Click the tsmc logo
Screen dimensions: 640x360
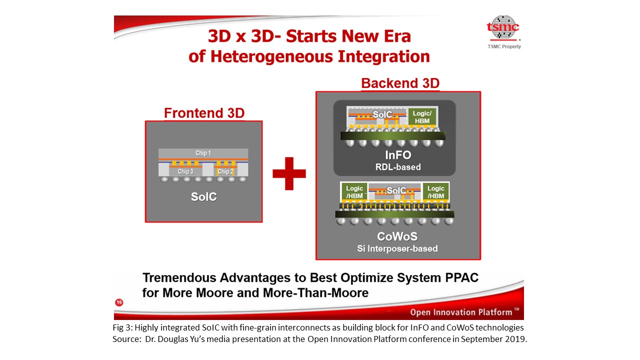tap(503, 27)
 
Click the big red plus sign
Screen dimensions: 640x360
tap(289, 173)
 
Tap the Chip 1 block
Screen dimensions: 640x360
tap(203, 153)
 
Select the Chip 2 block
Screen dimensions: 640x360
tap(225, 171)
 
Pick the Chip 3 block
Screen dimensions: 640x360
tap(185, 171)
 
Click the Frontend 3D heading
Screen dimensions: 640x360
tap(204, 113)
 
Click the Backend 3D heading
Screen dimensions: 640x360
tap(400, 83)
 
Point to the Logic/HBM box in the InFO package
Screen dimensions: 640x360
tap(422, 117)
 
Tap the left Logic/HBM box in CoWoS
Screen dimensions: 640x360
tap(354, 192)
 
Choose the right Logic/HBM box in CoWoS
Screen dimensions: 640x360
tap(435, 192)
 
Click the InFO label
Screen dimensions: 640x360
tap(398, 155)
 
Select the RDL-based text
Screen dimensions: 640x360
tap(398, 167)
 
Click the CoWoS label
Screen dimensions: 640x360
tap(397, 236)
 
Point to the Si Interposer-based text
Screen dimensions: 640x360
tap(397, 248)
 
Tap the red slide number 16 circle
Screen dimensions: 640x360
tap(119, 302)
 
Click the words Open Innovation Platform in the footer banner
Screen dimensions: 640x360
tap(461, 312)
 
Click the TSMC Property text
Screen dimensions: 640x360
tap(504, 46)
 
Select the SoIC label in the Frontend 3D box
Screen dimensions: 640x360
tap(203, 197)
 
